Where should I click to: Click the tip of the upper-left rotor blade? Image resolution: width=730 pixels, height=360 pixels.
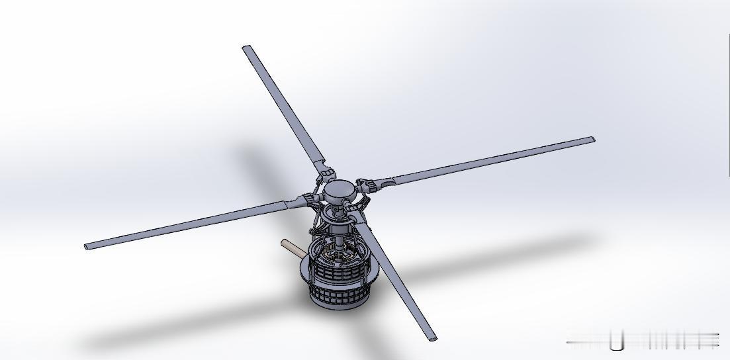pyautogui.click(x=247, y=48)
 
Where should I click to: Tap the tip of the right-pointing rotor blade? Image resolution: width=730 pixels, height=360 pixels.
pyautogui.click(x=591, y=140)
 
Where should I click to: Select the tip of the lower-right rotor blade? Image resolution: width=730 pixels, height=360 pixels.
pyautogui.click(x=433, y=338)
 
